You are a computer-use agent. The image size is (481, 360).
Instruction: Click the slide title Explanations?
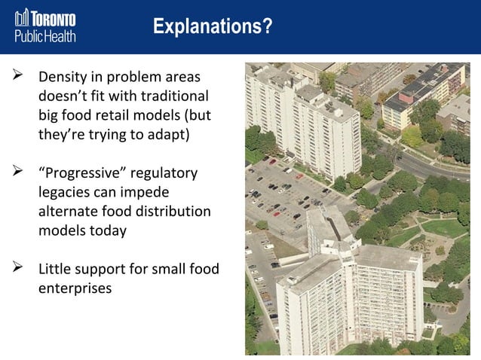[213, 27]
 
